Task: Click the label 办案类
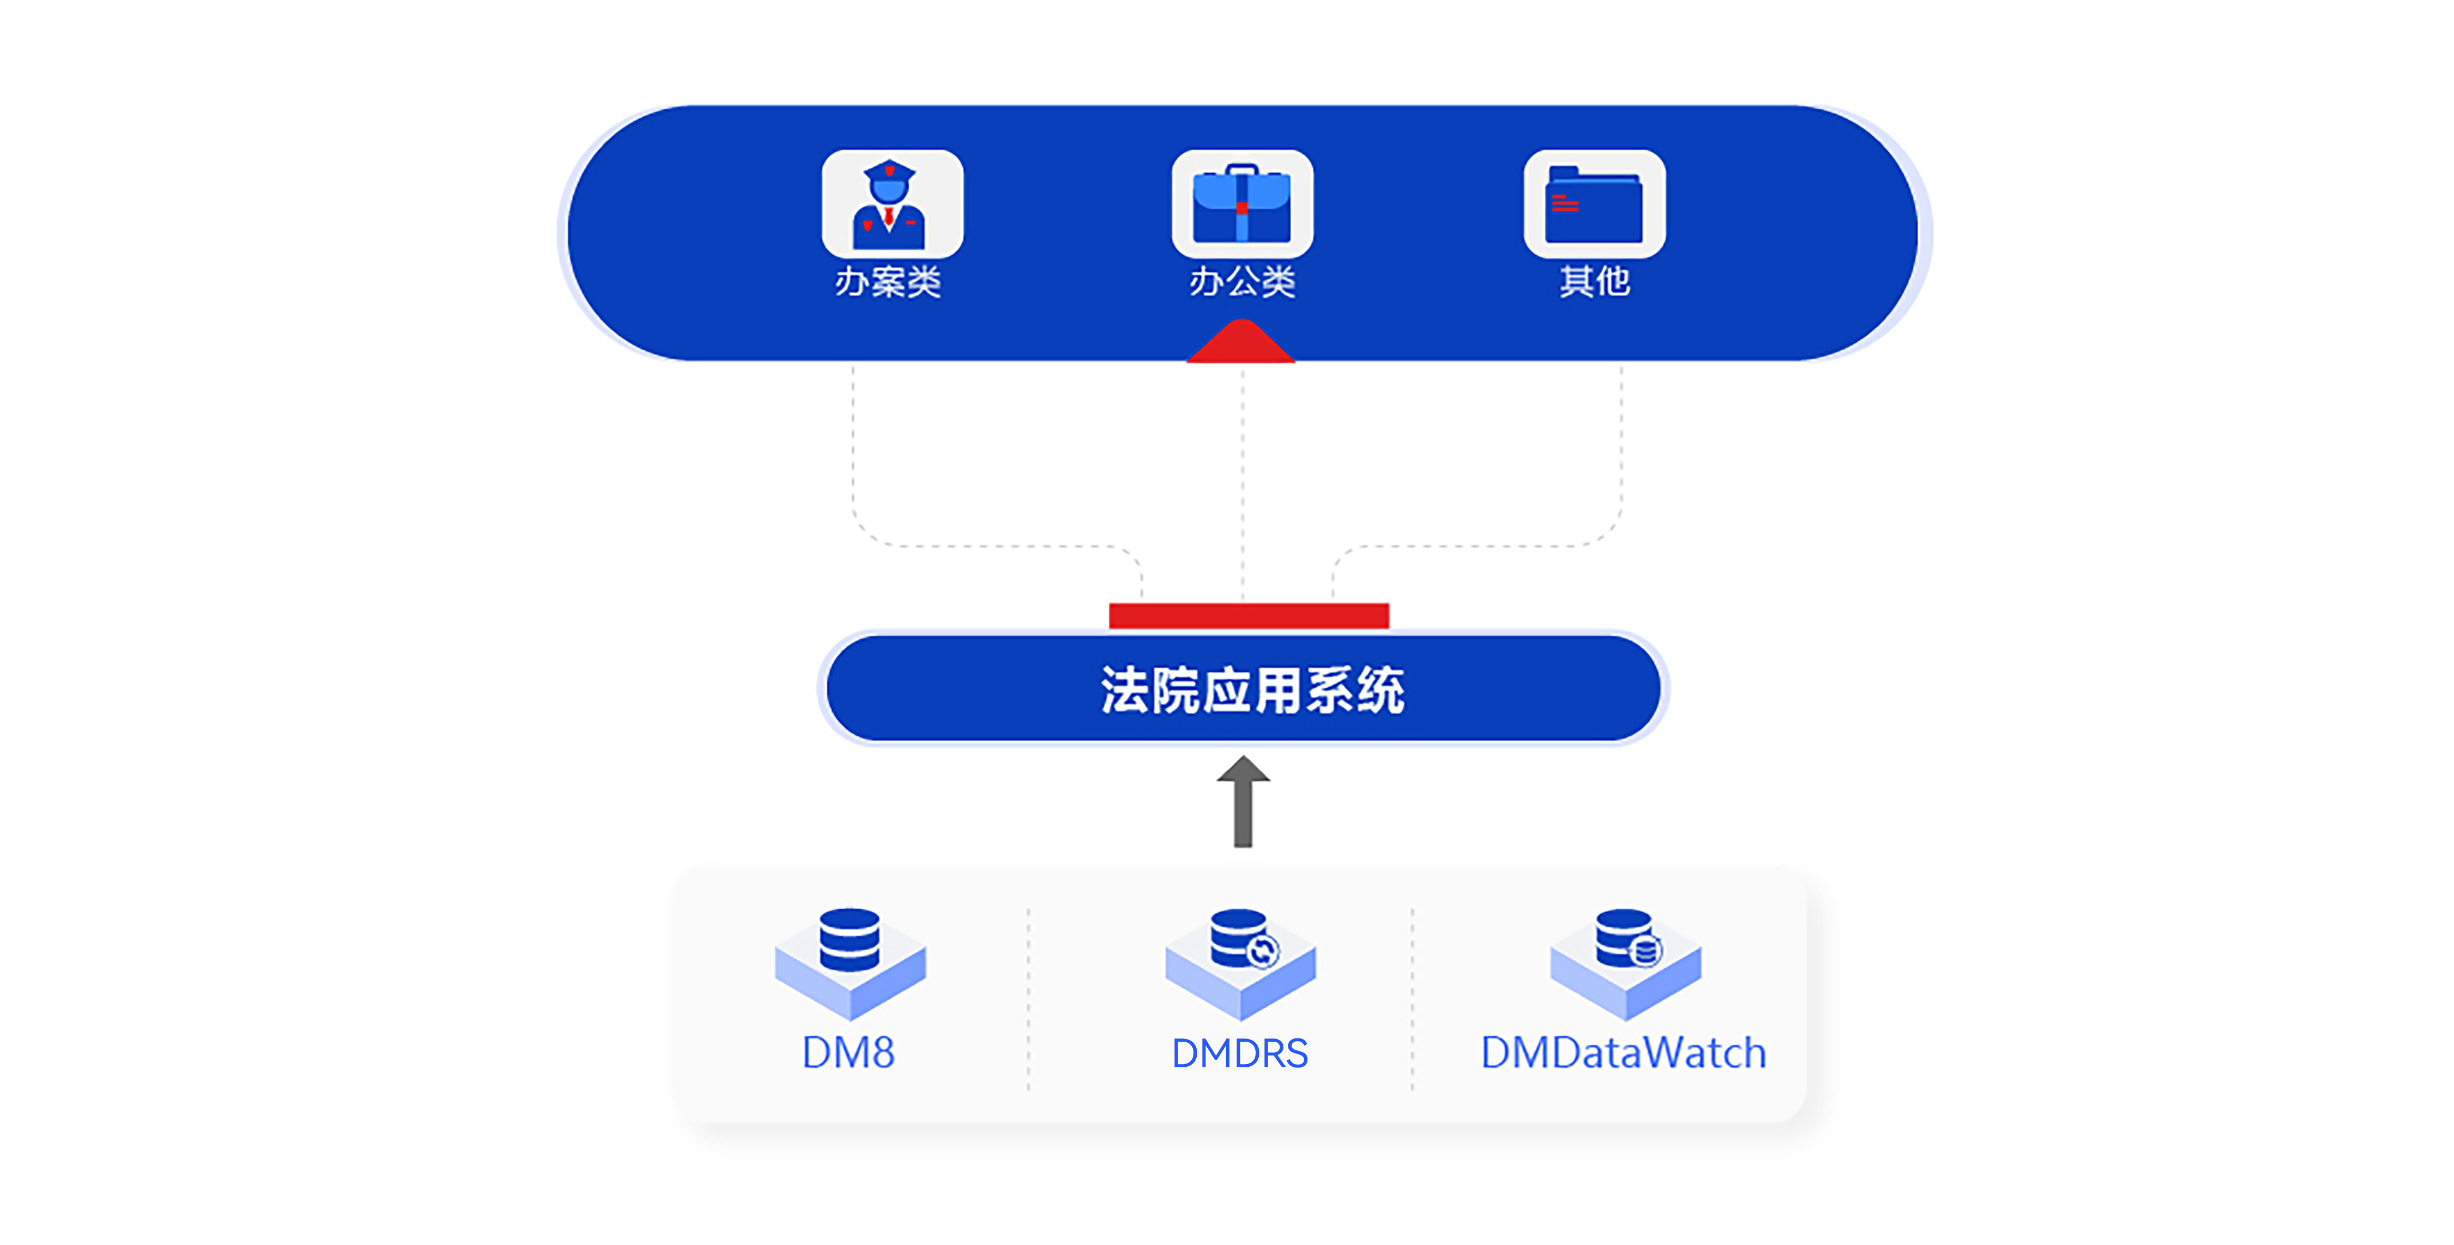(x=888, y=282)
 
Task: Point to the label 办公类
(x=1242, y=282)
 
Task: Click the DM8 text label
(x=848, y=1053)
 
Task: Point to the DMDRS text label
(x=1239, y=1053)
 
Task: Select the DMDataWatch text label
(x=1623, y=1053)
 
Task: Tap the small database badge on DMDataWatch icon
(x=1646, y=950)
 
